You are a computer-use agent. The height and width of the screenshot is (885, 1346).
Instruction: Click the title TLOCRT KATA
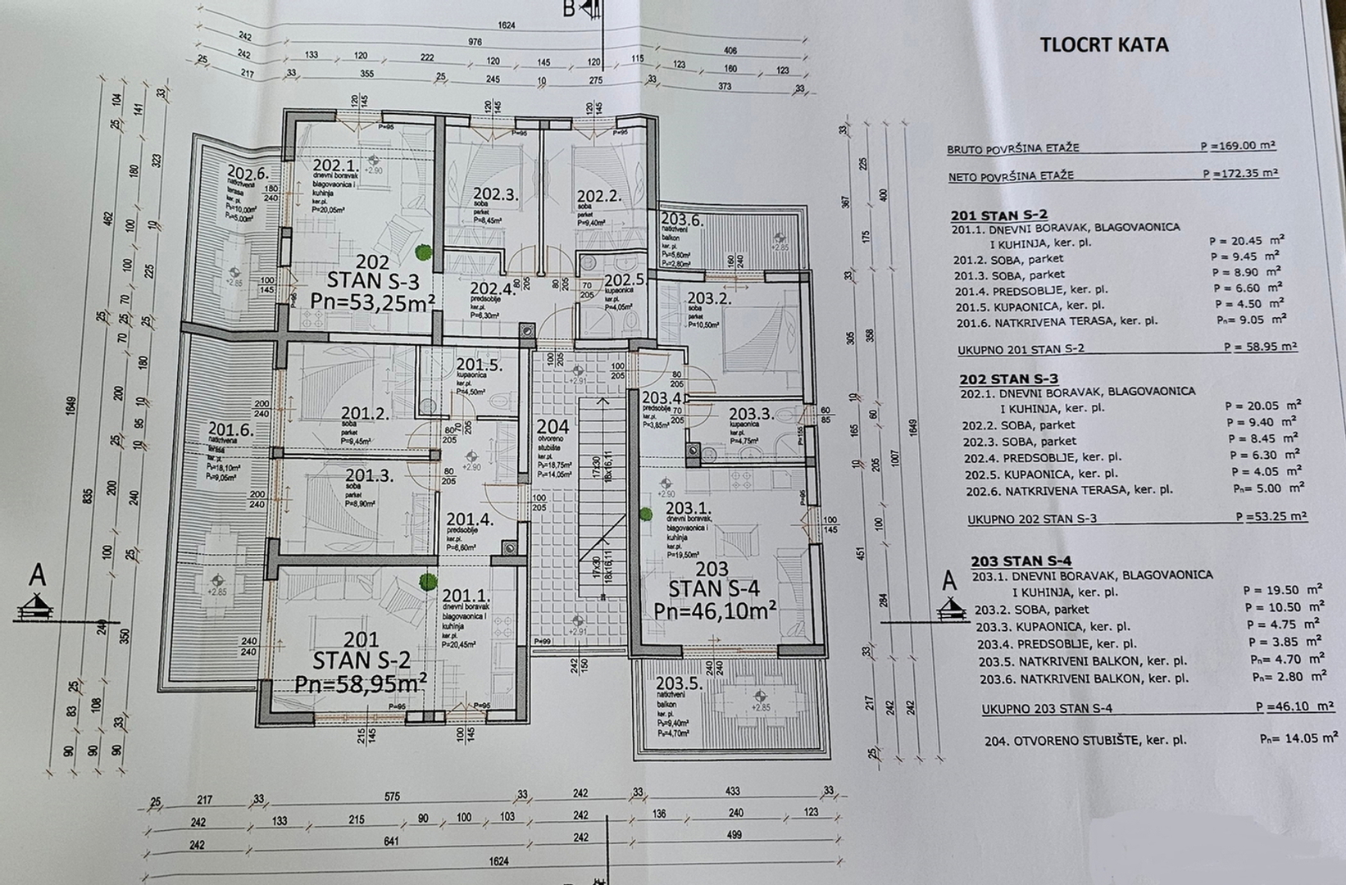point(1103,44)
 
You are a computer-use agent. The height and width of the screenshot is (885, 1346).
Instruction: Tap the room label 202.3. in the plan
point(496,195)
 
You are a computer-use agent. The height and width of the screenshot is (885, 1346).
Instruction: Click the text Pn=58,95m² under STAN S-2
point(360,682)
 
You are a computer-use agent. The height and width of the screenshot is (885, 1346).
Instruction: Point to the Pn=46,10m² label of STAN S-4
point(715,610)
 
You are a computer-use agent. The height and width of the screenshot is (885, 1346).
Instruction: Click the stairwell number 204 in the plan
point(552,426)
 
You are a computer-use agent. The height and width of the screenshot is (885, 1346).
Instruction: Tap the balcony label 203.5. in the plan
point(680,683)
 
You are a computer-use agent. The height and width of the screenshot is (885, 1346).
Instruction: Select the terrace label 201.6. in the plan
point(230,429)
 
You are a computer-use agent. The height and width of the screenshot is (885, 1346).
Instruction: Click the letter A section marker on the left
point(38,576)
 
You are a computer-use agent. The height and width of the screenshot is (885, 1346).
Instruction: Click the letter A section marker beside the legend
point(949,581)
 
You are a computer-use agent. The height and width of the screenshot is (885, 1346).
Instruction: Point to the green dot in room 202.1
point(421,252)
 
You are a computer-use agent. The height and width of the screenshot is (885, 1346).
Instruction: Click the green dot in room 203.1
point(645,515)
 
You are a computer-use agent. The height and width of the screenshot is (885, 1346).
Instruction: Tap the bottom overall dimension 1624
point(498,861)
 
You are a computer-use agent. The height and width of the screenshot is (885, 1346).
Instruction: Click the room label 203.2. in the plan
point(708,299)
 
